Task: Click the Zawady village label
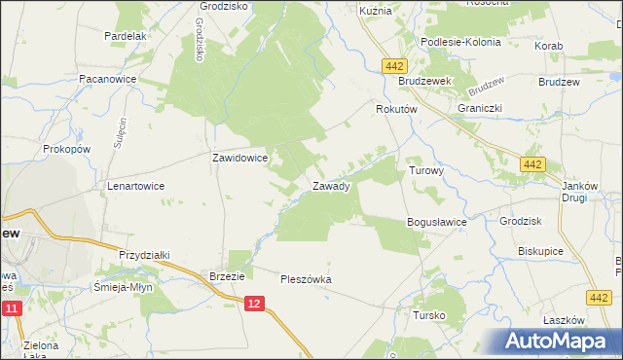(331, 185)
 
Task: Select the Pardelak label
(125, 36)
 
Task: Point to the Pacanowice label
(107, 78)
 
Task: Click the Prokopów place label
(67, 150)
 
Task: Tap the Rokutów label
(396, 111)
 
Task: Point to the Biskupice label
(541, 251)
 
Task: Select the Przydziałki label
(144, 255)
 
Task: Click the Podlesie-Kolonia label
(460, 43)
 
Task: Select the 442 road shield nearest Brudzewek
(394, 65)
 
